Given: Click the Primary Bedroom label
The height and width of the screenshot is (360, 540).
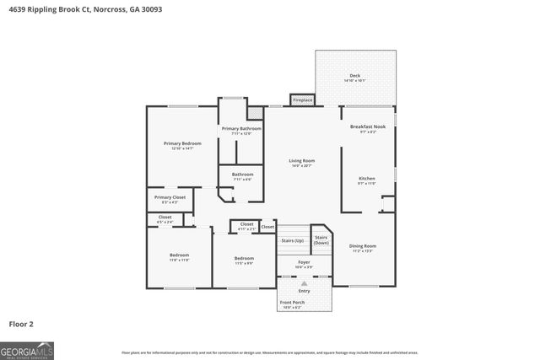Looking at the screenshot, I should click(181, 143).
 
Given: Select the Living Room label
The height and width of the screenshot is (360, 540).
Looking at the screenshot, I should click(301, 160).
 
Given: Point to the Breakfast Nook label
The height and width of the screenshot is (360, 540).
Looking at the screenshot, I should click(368, 126).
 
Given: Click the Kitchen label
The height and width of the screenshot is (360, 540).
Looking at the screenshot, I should click(367, 179).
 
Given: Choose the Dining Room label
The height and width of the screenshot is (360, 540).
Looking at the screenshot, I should click(363, 246).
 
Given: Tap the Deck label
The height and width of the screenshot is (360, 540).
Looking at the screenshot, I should click(355, 76).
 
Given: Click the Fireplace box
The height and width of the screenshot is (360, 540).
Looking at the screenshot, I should click(302, 100).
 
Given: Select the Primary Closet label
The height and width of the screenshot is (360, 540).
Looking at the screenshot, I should click(170, 197).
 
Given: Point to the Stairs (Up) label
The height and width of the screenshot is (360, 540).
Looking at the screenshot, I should click(293, 240).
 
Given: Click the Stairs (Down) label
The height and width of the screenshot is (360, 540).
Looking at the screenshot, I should click(321, 239).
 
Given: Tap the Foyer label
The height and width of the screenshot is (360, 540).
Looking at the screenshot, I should click(304, 262).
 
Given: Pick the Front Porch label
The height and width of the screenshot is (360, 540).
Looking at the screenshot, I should click(293, 302).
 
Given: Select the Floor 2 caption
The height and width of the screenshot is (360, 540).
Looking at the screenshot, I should click(21, 324).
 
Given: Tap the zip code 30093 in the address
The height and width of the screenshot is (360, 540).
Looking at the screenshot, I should click(150, 9).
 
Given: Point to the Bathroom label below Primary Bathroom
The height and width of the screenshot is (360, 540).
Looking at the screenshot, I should click(242, 175).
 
